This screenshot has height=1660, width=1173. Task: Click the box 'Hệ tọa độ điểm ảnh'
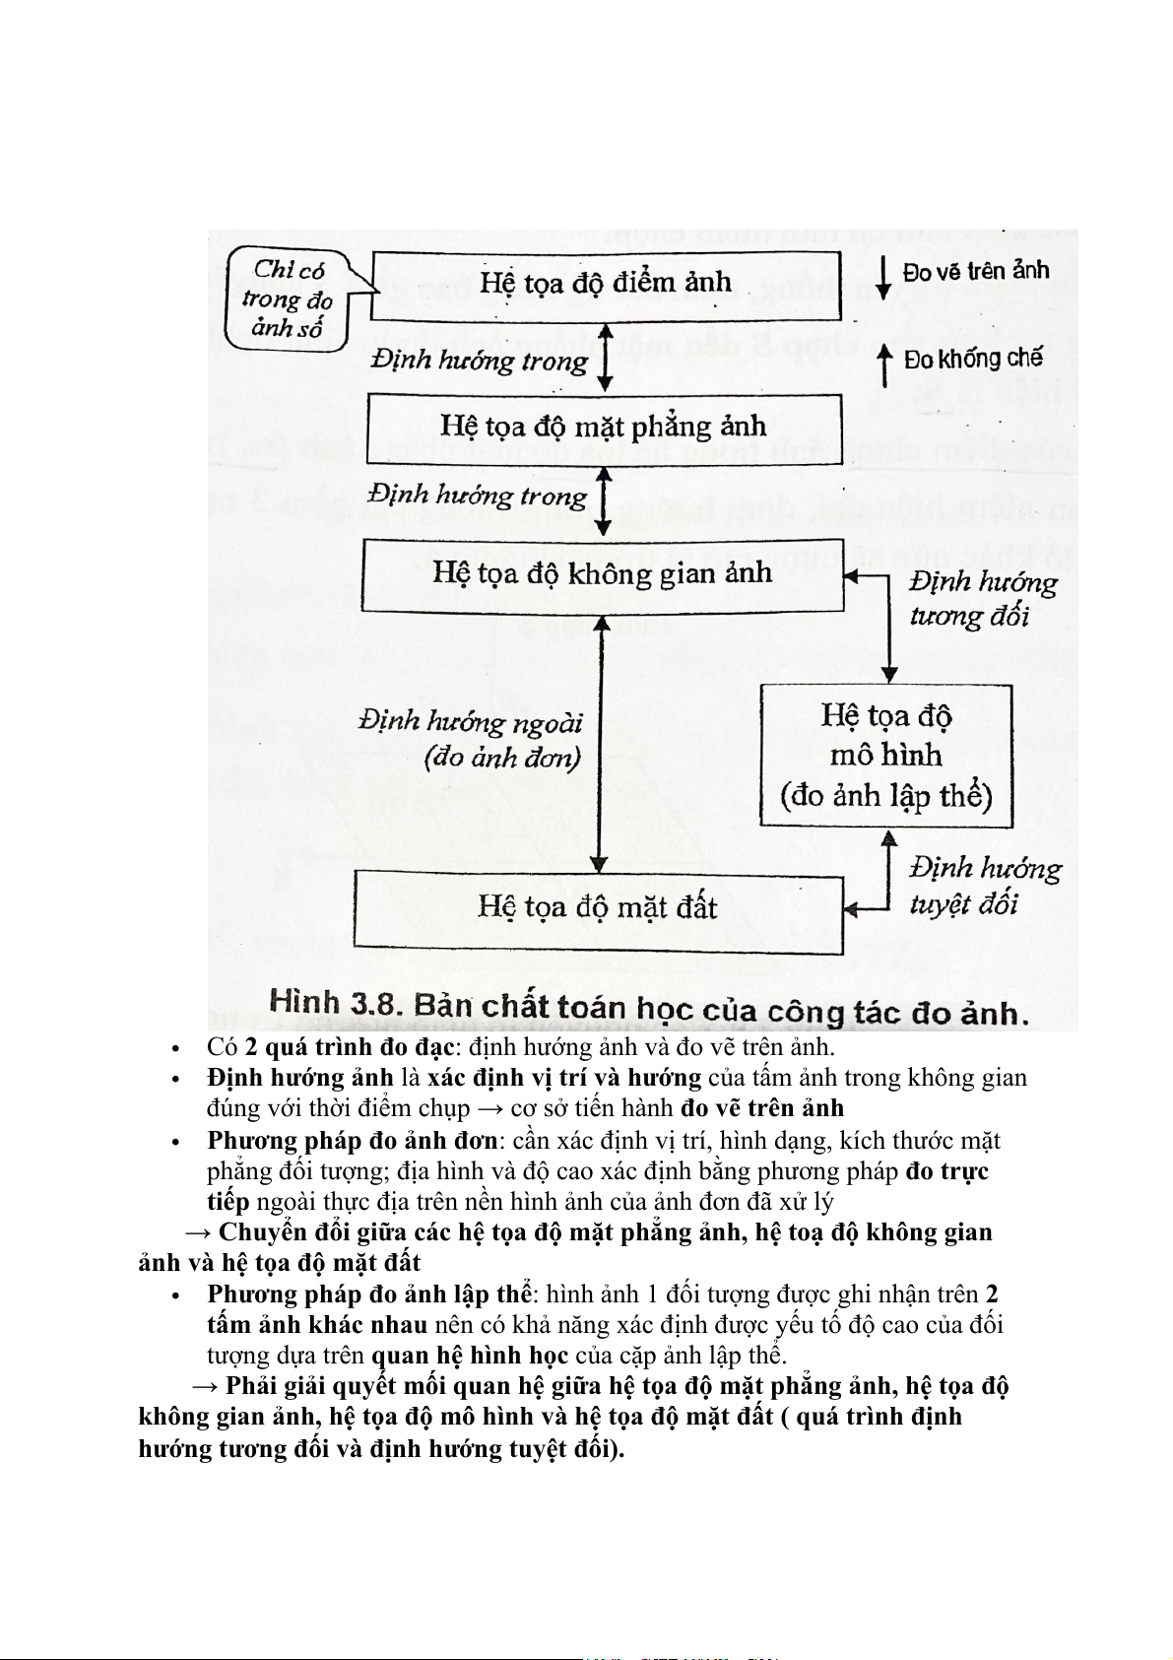[605, 286]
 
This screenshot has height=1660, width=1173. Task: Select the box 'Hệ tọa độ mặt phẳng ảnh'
[604, 429]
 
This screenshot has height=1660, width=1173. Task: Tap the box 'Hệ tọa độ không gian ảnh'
[603, 574]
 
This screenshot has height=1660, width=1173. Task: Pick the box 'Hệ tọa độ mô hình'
[885, 756]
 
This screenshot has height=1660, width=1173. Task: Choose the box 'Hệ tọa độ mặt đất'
[598, 909]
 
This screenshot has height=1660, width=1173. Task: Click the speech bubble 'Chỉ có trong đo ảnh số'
[288, 299]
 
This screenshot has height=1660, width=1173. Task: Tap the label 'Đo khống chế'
[972, 360]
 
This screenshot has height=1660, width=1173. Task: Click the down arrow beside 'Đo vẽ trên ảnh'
[884, 278]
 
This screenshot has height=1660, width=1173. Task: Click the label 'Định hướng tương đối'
[982, 599]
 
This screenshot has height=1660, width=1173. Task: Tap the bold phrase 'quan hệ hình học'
[470, 1356]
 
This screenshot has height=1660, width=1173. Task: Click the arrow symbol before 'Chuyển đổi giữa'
[199, 1233]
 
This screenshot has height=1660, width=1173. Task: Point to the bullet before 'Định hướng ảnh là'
[174, 1080]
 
